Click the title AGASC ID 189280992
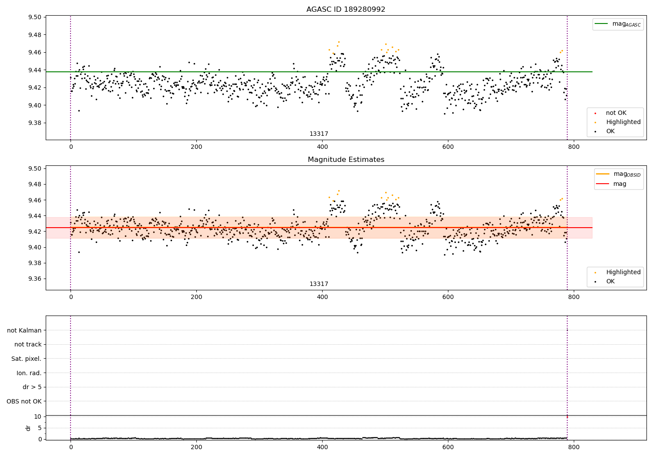click(346, 10)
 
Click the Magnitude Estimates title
click(346, 160)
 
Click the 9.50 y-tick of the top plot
click(35, 17)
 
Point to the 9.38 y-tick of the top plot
click(35, 123)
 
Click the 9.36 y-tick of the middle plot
click(35, 279)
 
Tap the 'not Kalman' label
click(24, 330)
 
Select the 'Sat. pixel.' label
click(27, 359)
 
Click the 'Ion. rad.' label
click(29, 373)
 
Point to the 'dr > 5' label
click(32, 387)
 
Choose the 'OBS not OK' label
click(24, 401)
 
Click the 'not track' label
click(28, 344)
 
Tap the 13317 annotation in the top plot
click(319, 134)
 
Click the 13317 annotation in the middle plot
click(319, 284)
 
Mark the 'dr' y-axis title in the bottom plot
click(28, 428)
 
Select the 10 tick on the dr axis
click(37, 417)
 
